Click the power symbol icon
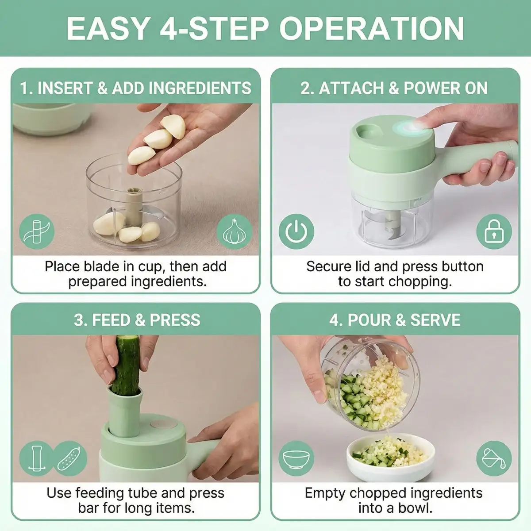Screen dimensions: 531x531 [296, 231]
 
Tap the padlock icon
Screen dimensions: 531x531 [494, 231]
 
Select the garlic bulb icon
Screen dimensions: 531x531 [234, 231]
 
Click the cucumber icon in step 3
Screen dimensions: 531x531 [69, 459]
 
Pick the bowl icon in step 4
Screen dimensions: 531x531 [296, 459]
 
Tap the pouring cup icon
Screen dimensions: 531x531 [494, 459]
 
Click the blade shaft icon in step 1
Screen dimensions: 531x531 [37, 231]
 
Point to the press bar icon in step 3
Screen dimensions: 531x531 [37, 459]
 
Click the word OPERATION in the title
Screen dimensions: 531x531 [372, 29]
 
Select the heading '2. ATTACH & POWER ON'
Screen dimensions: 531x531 [394, 88]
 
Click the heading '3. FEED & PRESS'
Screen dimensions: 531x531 [137, 320]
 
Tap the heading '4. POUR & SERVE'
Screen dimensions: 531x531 [395, 320]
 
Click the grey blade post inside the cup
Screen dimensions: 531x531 [134, 205]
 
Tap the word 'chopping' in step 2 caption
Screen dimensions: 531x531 [420, 282]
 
